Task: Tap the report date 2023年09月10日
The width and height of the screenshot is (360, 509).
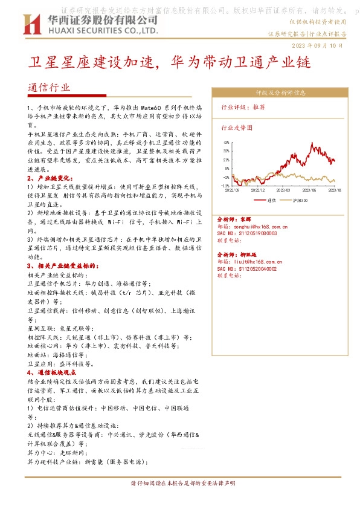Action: [x=321, y=46]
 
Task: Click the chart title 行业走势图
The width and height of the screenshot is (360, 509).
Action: [x=237, y=128]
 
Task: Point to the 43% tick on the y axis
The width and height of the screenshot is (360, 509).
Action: [x=226, y=143]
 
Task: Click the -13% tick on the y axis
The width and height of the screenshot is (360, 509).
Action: [x=226, y=186]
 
